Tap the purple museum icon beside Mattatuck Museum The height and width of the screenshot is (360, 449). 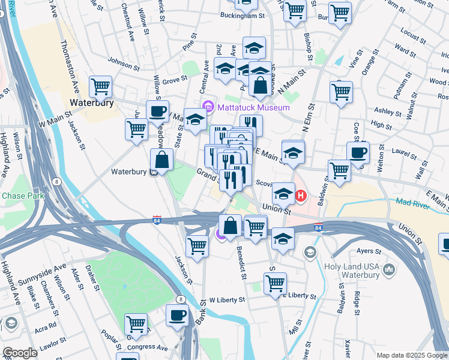pyautogui.click(x=209, y=107)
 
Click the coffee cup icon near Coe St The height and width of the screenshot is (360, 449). pyautogui.click(x=358, y=153)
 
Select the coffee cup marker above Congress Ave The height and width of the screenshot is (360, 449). pyautogui.click(x=177, y=316)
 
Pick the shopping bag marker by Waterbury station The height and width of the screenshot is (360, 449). pyautogui.click(x=162, y=160)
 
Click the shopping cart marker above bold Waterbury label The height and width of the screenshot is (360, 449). pyautogui.click(x=101, y=86)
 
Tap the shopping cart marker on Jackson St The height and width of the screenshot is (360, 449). pyautogui.click(x=197, y=246)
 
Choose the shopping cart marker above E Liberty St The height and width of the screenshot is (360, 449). pyautogui.click(x=275, y=283)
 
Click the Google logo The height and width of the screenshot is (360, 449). pyautogui.click(x=20, y=353)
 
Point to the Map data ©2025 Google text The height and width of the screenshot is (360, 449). pyautogui.click(x=411, y=355)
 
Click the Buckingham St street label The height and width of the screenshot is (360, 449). pyautogui.click(x=243, y=16)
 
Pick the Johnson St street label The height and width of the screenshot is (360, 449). pyautogui.click(x=124, y=60)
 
